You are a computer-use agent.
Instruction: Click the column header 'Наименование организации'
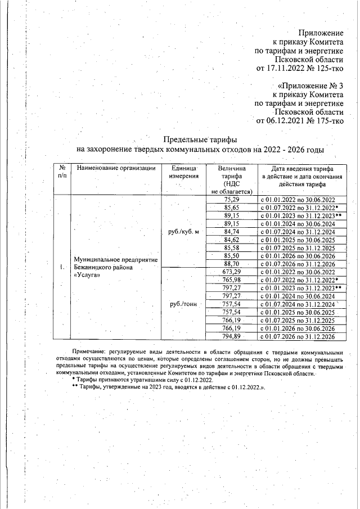[x=115, y=169]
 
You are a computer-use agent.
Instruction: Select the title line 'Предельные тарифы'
[x=200, y=139]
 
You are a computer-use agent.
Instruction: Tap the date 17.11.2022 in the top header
[x=285, y=69]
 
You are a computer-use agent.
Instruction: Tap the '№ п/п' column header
[x=61, y=172]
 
